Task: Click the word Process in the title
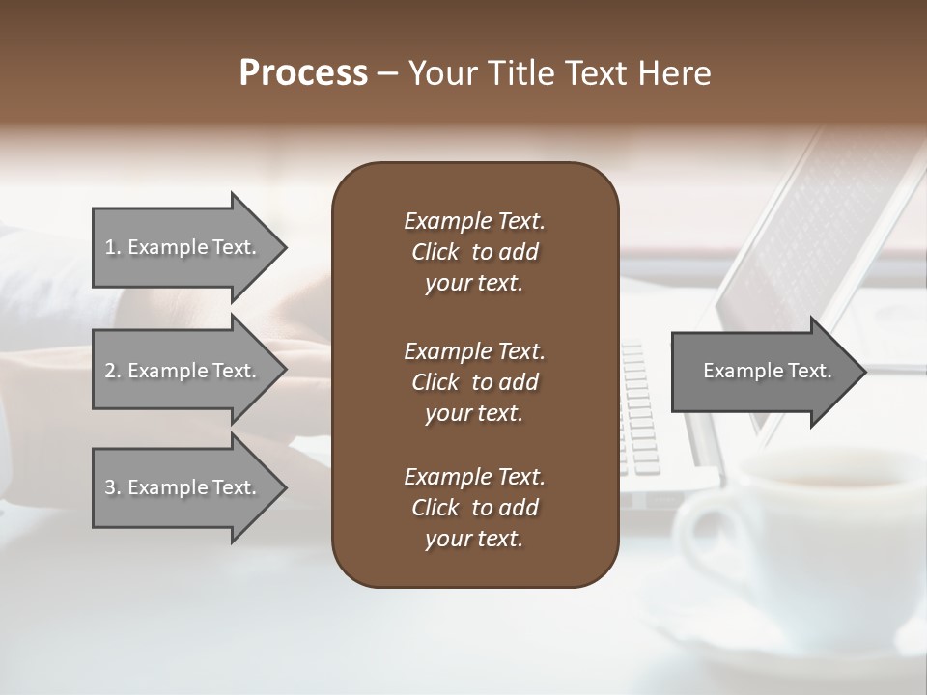coord(303,73)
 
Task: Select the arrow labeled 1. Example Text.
coord(183,247)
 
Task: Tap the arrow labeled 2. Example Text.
coord(183,371)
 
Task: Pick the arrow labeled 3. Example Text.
coord(183,487)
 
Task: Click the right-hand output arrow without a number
coord(763,371)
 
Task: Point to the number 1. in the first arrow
coord(113,247)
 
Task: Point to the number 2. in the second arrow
coord(113,371)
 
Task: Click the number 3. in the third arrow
coord(113,487)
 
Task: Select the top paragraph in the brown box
coord(474,252)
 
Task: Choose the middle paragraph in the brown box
coord(474,381)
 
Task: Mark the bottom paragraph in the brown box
coord(474,508)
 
